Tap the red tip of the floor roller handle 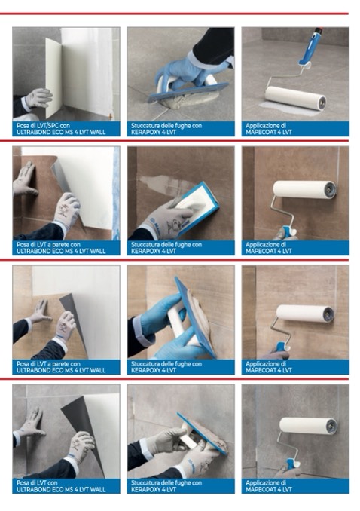click(319, 30)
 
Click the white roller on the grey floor click(294, 98)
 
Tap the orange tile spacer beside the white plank click(111, 116)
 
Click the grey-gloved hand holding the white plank click(38, 98)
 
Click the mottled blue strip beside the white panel click(116, 193)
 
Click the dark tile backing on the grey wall click(82, 423)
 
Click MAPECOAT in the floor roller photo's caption click(261, 132)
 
